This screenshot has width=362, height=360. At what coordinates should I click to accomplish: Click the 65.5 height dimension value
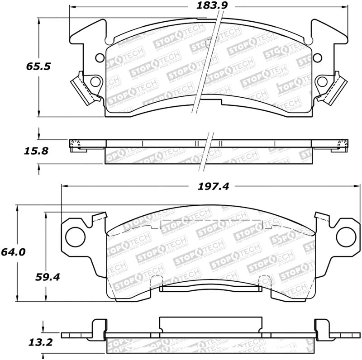(37, 66)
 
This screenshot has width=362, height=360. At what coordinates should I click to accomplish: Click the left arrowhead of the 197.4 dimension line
(64, 185)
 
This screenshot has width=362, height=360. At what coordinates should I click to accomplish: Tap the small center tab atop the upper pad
(209, 43)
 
